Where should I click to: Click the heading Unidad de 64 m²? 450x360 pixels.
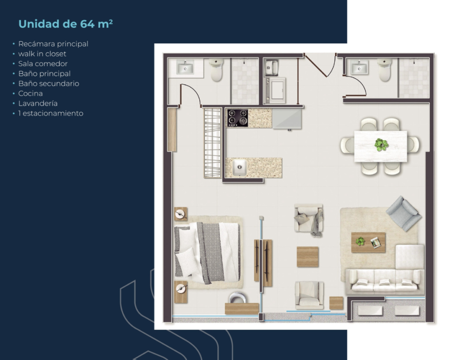pos(65,24)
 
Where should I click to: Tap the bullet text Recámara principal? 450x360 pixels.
pos(53,44)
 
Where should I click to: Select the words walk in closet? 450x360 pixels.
pos(42,54)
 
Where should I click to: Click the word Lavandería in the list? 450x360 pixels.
pos(38,103)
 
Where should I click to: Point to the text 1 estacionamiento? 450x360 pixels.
pos(51,113)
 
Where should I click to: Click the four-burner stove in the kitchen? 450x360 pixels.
pos(238,118)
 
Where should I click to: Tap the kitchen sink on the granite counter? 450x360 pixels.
pos(240,167)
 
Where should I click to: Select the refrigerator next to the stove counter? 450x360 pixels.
pos(287,119)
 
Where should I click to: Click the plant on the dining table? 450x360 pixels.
pos(381,145)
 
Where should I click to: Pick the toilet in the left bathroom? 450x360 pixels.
pos(216,70)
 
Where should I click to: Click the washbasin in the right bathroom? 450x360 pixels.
pos(359,68)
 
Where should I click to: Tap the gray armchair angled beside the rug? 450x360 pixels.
pos(403,213)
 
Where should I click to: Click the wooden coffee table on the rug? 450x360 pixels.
pos(368,242)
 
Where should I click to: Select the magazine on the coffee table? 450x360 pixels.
pos(376,243)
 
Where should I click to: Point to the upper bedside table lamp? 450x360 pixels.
pos(180,214)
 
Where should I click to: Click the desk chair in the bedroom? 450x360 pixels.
pos(238,298)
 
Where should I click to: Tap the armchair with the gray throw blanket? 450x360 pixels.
pos(308,220)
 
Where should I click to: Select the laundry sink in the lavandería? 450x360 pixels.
pos(271,68)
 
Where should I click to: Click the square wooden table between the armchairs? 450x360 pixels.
pos(308,257)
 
